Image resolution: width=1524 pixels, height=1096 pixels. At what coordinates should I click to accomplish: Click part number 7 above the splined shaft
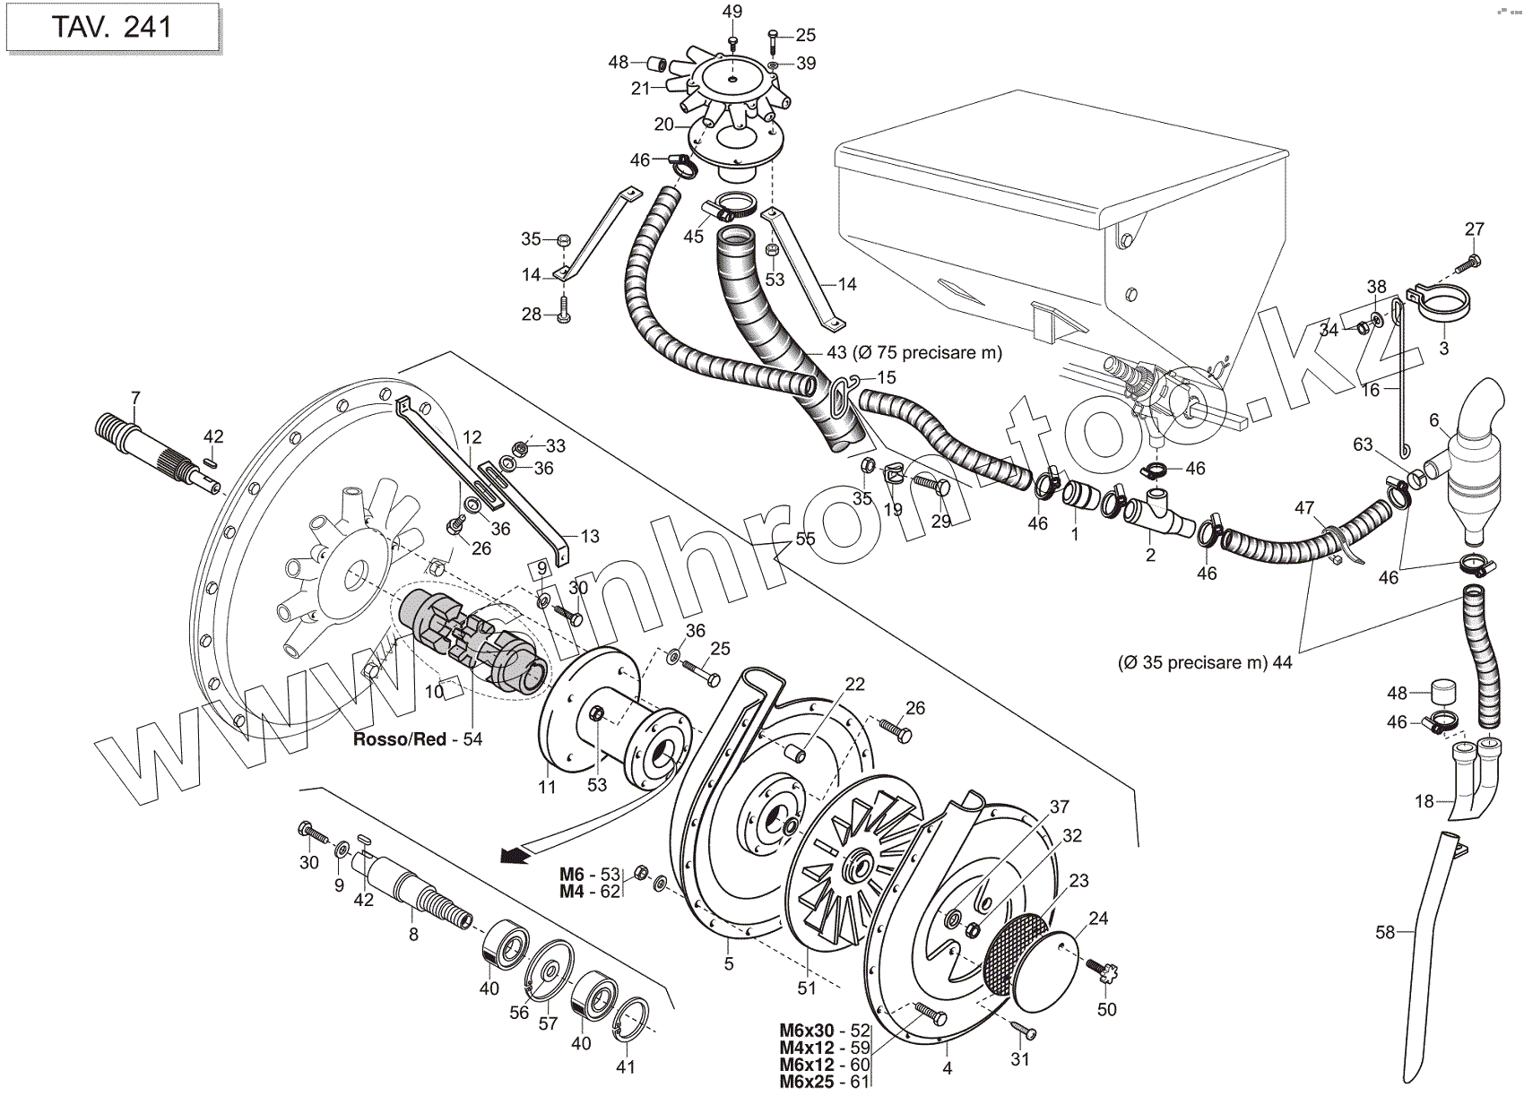tap(135, 397)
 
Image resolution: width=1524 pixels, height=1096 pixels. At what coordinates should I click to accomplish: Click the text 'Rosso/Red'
tap(400, 740)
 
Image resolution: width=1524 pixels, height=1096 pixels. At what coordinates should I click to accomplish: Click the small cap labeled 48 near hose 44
tap(1441, 692)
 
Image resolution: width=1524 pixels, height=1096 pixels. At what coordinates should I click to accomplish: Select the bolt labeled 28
tap(563, 311)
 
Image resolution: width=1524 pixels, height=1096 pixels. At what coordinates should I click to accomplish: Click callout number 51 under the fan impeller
tap(807, 988)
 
